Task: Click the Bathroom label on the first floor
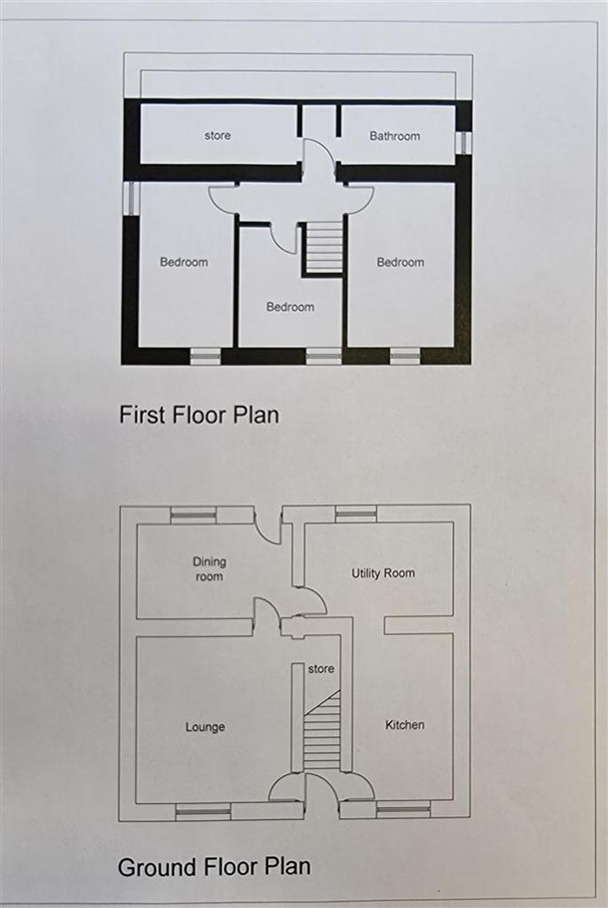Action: point(395,136)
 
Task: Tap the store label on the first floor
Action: point(217,136)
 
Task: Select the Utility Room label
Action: point(383,574)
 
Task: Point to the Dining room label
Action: point(209,568)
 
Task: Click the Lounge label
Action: point(205,727)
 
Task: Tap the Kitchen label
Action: point(405,724)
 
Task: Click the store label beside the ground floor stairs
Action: point(321,669)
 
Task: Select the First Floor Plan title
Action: point(199,415)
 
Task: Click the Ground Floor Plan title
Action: point(215,867)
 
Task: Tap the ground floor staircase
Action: point(323,729)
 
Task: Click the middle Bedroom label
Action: point(290,307)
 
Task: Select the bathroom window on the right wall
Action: point(463,143)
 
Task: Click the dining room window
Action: point(193,514)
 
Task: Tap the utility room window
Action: point(356,513)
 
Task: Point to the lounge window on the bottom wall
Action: point(203,811)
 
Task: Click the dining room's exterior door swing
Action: point(266,527)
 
